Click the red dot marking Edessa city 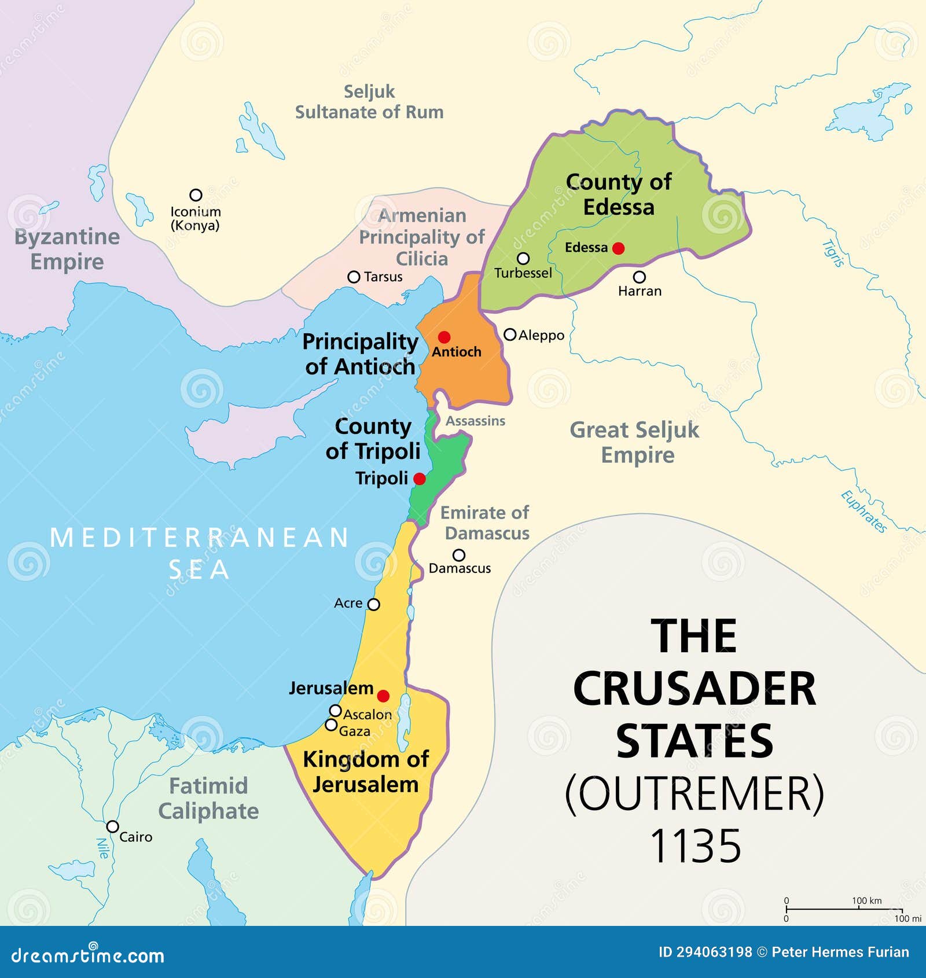click(618, 248)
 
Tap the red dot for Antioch click(444, 337)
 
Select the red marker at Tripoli click(420, 479)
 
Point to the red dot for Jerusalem click(383, 696)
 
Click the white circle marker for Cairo click(113, 826)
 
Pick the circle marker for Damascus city click(459, 555)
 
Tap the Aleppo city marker click(510, 334)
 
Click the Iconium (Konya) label click(196, 219)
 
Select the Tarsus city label click(383, 277)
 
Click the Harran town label click(640, 291)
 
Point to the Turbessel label click(523, 273)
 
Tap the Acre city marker click(374, 605)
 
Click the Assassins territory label click(475, 421)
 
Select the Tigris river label click(833, 253)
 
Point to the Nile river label click(102, 848)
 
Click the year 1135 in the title click(695, 846)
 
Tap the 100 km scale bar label click(866, 900)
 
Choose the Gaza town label click(354, 731)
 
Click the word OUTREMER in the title click(694, 794)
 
